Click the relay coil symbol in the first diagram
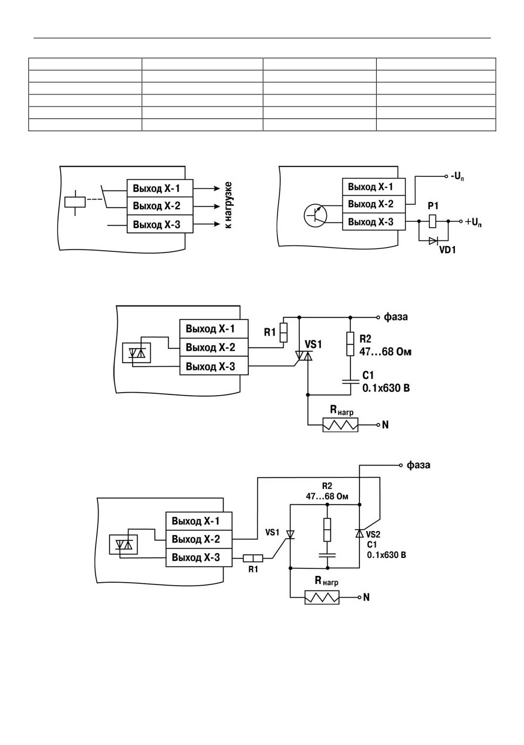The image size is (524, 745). (75, 202)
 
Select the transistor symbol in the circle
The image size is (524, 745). (315, 215)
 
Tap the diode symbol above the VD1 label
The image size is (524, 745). (433, 241)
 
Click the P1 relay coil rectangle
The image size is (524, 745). (433, 221)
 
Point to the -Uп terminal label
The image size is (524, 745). (457, 177)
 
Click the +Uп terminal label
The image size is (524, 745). (473, 222)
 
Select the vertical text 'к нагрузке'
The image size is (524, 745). (228, 205)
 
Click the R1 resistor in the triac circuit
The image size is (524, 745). (283, 333)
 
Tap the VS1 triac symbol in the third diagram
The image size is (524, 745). (304, 356)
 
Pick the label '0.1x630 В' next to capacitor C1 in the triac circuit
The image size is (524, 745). (386, 388)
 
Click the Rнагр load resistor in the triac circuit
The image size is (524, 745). (341, 425)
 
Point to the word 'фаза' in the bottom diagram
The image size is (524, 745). (418, 465)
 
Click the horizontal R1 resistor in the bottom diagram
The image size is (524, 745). (253, 558)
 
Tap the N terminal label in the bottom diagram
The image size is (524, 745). (367, 597)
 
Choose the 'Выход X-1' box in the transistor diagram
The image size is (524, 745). (374, 187)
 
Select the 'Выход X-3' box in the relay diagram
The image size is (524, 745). (160, 224)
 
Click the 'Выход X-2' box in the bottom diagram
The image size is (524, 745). (199, 539)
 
